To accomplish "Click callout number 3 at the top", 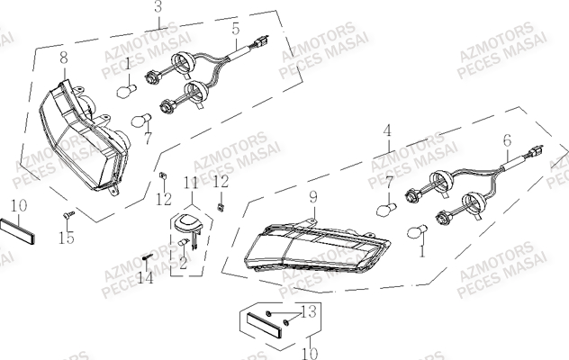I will (158, 7).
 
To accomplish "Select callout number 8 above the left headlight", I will (63, 58).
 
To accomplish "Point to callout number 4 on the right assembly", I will (387, 130).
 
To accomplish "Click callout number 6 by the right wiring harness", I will (506, 140).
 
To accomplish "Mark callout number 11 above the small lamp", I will (190, 184).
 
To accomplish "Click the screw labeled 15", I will (68, 215).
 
